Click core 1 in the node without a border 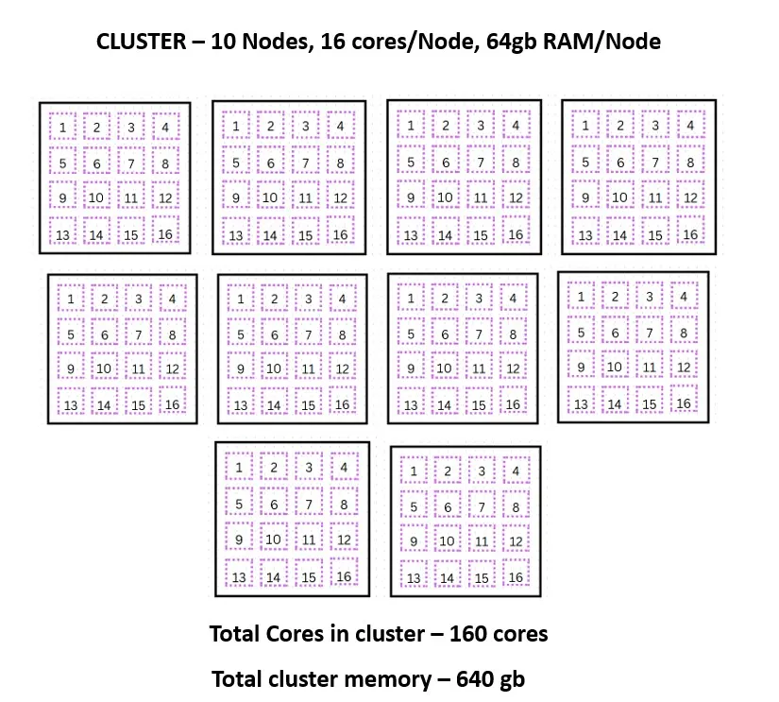click(x=581, y=297)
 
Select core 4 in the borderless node click(x=685, y=297)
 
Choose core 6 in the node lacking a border click(x=615, y=332)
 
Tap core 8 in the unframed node click(x=685, y=332)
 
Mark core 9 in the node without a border click(x=581, y=368)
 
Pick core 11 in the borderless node click(x=650, y=368)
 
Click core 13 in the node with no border click(x=581, y=403)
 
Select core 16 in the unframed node click(x=685, y=403)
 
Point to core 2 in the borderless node click(x=615, y=297)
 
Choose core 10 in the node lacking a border click(x=615, y=368)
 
